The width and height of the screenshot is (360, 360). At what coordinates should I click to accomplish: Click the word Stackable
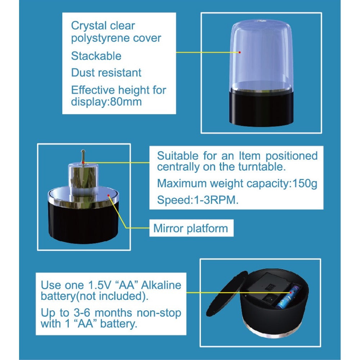point(96,56)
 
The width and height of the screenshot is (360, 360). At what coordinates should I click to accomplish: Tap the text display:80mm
point(106,102)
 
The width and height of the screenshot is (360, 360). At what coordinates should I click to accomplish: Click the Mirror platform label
point(190,229)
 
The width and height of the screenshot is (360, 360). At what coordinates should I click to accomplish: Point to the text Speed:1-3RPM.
point(198,200)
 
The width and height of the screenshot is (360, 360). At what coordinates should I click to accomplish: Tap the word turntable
point(261,167)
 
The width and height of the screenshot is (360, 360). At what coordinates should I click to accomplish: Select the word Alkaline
point(161,285)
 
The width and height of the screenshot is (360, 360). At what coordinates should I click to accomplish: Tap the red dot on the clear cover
point(239,52)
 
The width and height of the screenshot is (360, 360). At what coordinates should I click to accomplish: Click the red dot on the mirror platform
point(109,195)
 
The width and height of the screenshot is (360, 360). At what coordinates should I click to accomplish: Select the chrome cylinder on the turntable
point(83,179)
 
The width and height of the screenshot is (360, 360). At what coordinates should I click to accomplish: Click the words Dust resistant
point(106,73)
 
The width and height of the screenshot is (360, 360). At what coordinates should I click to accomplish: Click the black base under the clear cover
point(261,108)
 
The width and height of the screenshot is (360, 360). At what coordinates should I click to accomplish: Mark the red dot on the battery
point(291,292)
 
